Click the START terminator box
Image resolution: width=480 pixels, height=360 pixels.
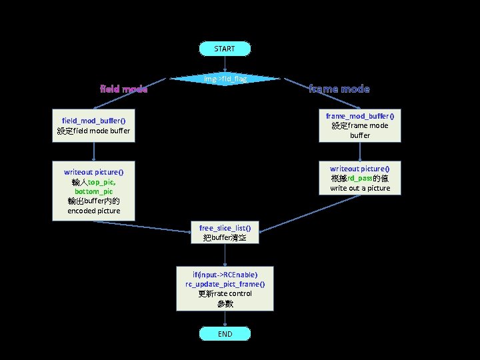click(x=225, y=49)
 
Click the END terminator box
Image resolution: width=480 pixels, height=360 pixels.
click(x=225, y=333)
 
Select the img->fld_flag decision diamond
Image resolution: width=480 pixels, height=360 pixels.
click(x=225, y=79)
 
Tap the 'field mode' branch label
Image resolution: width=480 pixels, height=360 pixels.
click(x=123, y=89)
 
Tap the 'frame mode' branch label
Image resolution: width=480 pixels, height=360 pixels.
click(x=339, y=89)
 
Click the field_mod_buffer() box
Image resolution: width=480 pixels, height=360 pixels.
click(x=93, y=125)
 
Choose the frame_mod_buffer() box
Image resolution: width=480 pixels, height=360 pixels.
click(x=359, y=125)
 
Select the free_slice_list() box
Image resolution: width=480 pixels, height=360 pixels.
click(x=225, y=233)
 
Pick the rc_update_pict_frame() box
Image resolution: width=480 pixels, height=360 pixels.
click(x=225, y=288)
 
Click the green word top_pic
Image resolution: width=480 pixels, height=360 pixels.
click(x=101, y=182)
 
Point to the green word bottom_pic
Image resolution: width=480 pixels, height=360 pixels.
click(x=93, y=191)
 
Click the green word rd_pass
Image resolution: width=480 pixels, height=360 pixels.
click(x=359, y=179)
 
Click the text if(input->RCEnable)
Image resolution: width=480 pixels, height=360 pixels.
click(x=225, y=274)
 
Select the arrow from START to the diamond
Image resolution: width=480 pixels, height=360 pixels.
click(x=225, y=64)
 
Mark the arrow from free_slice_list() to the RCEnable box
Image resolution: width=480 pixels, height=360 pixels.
click(x=225, y=255)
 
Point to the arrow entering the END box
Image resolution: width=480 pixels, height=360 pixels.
click(x=225, y=319)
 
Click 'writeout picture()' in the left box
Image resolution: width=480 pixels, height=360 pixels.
click(x=93, y=172)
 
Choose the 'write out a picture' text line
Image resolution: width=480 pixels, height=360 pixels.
click(x=359, y=189)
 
